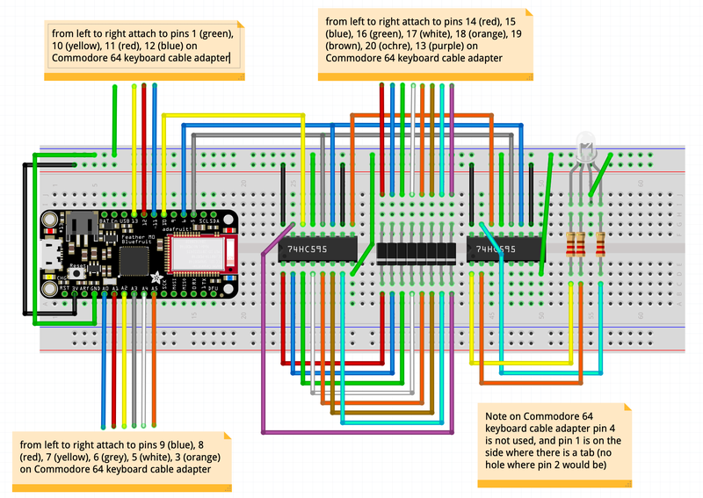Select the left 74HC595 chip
pos(316,250)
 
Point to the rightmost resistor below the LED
pos(600,243)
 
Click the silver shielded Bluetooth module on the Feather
pos(202,253)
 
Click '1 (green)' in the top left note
pos(209,34)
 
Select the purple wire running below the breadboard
pos(351,432)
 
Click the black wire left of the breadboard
pos(25,237)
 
